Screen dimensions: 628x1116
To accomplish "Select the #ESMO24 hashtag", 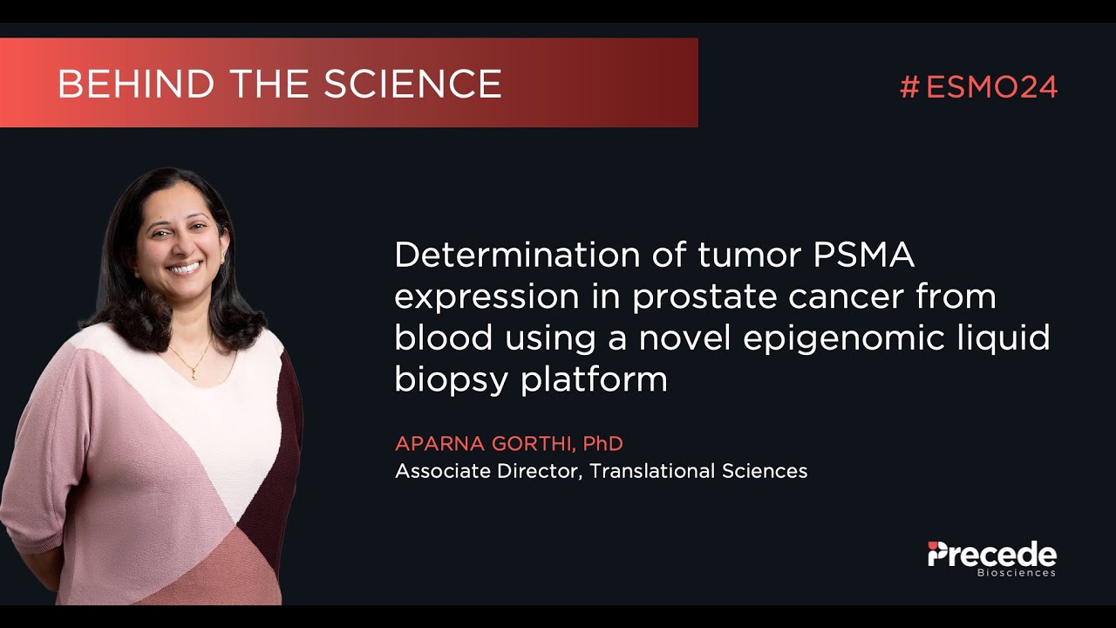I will [x=978, y=87].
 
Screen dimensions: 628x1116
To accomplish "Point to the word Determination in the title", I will [x=517, y=256].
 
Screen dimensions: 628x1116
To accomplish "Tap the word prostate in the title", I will [x=705, y=297].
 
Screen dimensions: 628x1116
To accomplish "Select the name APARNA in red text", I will [x=438, y=444].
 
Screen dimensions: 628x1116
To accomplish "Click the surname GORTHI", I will [x=531, y=444].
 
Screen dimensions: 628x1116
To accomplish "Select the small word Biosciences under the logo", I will [x=1016, y=573].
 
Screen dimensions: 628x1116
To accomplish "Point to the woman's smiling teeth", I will [x=184, y=267].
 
